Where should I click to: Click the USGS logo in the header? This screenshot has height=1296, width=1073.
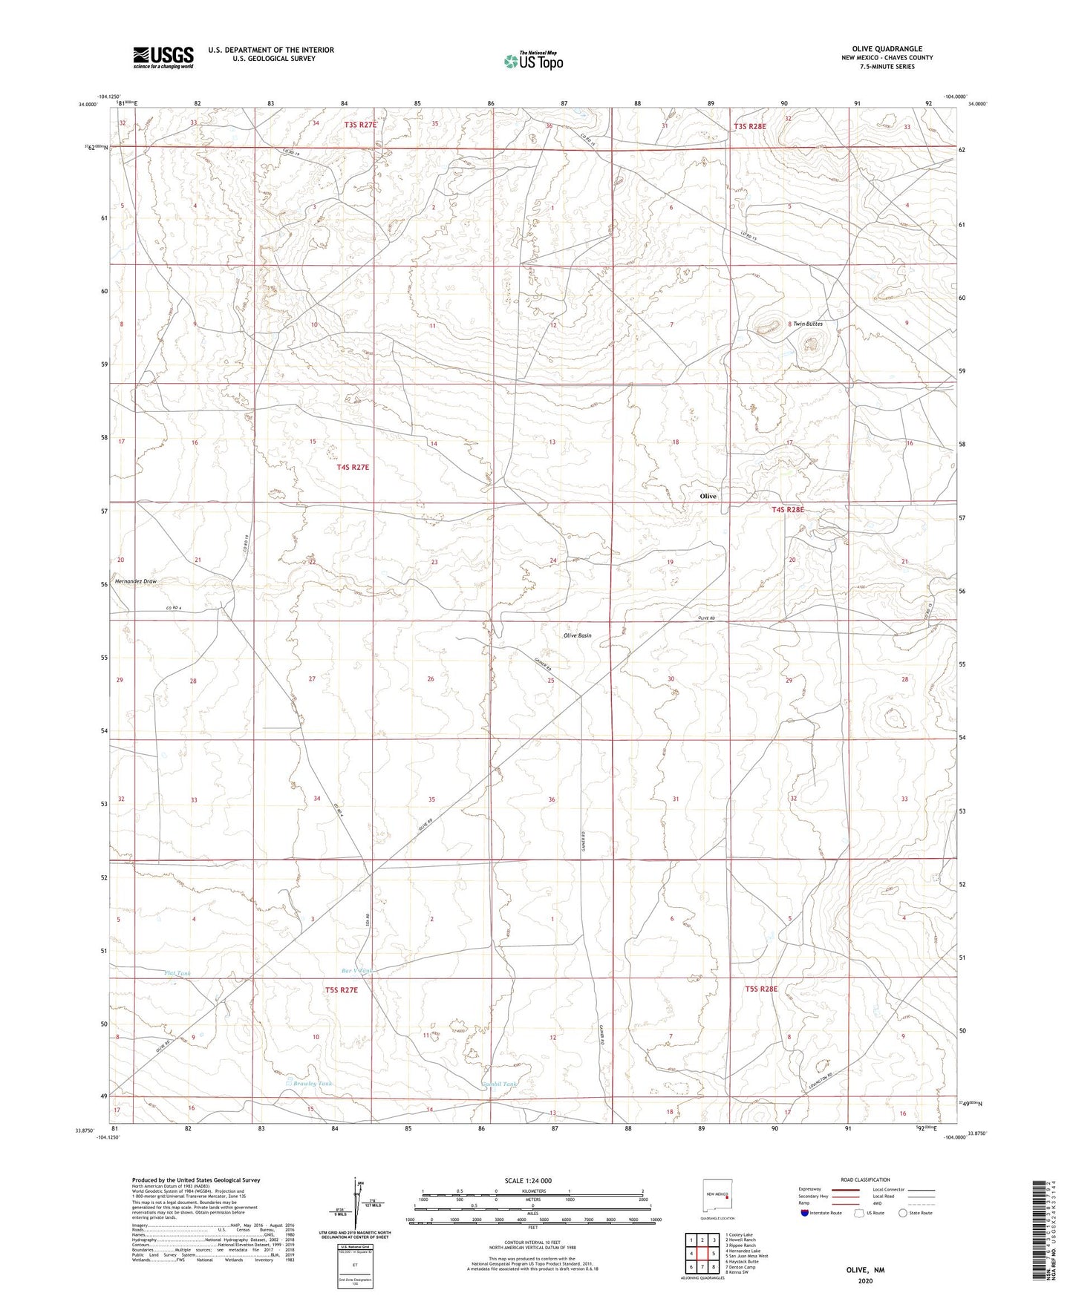(163, 57)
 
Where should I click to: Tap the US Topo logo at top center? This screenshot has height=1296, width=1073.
(532, 61)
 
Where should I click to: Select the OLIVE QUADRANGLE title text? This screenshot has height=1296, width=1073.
(887, 49)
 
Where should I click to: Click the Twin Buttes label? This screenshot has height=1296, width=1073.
(808, 324)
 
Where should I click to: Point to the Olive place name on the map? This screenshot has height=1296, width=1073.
(708, 496)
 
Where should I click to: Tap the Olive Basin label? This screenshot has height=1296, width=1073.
(577, 635)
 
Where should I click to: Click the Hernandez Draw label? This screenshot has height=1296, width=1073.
(135, 581)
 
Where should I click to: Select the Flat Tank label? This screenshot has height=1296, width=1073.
(177, 973)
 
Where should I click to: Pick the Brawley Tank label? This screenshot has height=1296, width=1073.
(312, 1084)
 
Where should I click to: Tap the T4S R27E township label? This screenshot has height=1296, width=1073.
(352, 468)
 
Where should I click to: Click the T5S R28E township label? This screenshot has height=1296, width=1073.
(761, 989)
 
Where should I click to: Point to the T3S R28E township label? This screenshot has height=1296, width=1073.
(749, 126)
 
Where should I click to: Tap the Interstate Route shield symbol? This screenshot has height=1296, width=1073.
(805, 1214)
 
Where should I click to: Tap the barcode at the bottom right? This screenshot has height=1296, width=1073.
(1039, 1232)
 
